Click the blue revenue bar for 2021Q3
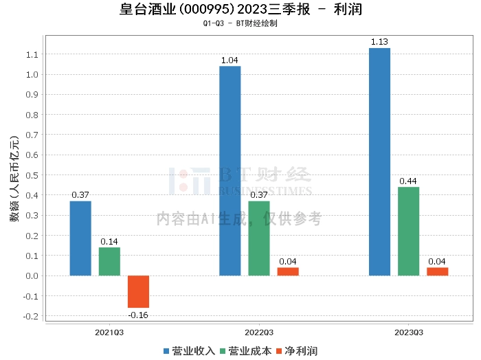[x=80, y=238]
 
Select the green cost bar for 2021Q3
[x=109, y=262]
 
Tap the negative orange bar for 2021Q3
[x=138, y=291]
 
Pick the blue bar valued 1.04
[x=230, y=171]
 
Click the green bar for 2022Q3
[x=259, y=238]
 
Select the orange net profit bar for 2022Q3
[x=288, y=271]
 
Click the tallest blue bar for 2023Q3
[x=379, y=162]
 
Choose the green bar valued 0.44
[x=408, y=232]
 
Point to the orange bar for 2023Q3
[x=437, y=271]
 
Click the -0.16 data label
[x=138, y=315]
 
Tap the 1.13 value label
[x=379, y=42]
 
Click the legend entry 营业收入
[x=189, y=351]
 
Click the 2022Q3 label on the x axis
[x=258, y=333]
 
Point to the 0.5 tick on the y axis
[x=33, y=175]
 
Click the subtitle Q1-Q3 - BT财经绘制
[x=240, y=24]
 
